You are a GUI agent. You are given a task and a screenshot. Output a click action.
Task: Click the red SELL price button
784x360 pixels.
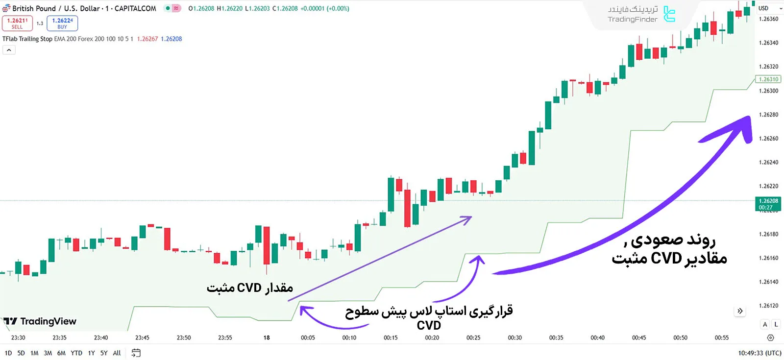17,23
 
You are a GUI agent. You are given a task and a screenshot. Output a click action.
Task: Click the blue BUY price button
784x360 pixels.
62,23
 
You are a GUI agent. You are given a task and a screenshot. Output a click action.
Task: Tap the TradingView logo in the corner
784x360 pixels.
40,321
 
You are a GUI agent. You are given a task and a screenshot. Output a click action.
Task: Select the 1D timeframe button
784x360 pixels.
8,353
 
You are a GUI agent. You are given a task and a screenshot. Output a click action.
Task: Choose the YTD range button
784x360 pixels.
76,353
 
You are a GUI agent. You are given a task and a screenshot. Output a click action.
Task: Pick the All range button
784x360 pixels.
117,353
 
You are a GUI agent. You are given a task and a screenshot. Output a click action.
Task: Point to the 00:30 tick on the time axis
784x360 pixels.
514,337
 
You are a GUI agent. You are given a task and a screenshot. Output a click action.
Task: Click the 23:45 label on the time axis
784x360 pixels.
142,337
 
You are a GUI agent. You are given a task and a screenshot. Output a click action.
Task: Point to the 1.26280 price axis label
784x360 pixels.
768,115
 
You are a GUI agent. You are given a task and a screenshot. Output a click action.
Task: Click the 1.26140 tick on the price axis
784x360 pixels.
768,282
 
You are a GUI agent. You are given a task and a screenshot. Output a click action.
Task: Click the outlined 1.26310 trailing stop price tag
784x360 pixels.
768,79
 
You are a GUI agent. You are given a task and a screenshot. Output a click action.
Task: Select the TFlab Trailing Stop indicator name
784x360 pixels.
27,39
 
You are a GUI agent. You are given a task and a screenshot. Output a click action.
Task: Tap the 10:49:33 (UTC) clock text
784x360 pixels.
759,353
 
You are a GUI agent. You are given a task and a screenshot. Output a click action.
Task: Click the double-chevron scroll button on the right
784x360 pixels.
740,311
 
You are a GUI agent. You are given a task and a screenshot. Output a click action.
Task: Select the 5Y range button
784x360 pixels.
104,353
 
